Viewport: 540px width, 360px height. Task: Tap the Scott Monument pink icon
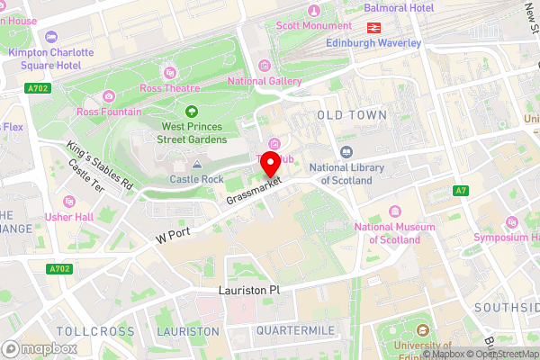[x=314, y=10]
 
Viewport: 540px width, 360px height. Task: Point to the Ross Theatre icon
[x=168, y=72]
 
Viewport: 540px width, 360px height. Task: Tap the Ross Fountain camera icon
[x=109, y=96]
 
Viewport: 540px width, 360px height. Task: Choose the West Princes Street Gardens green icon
[x=191, y=112]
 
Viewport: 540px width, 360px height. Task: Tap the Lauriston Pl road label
[x=250, y=292]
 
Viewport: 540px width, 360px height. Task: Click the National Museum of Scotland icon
[x=394, y=211]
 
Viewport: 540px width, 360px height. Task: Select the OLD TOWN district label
[x=352, y=115]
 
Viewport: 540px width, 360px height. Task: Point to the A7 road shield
[x=462, y=191]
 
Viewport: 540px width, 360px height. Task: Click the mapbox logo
[x=40, y=348]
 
